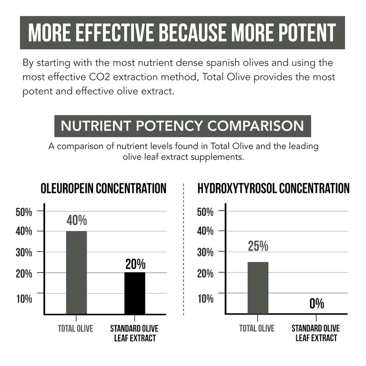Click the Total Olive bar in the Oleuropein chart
pyautogui.click(x=77, y=273)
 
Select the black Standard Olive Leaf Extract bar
pyautogui.click(x=135, y=293)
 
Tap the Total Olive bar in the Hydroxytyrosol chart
pyautogui.click(x=258, y=288)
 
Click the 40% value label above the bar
pyautogui.click(x=77, y=220)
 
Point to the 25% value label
pyautogui.click(x=258, y=246)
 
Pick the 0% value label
pyautogui.click(x=317, y=304)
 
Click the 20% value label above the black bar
pyautogui.click(x=135, y=264)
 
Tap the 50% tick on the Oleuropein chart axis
pyautogui.click(x=24, y=212)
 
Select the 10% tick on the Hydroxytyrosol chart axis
pyautogui.click(x=205, y=298)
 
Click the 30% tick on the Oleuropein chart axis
pyautogui.click(x=24, y=252)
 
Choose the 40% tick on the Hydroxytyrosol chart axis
pyautogui.click(x=205, y=231)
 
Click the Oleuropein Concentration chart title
pyautogui.click(x=103, y=188)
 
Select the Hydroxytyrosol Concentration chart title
pyautogui.click(x=274, y=188)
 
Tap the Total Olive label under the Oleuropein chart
pyautogui.click(x=75, y=328)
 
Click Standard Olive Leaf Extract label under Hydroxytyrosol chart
pyautogui.click(x=315, y=333)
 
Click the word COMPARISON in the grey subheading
pyautogui.click(x=255, y=126)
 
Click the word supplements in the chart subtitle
pyautogui.click(x=217, y=157)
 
